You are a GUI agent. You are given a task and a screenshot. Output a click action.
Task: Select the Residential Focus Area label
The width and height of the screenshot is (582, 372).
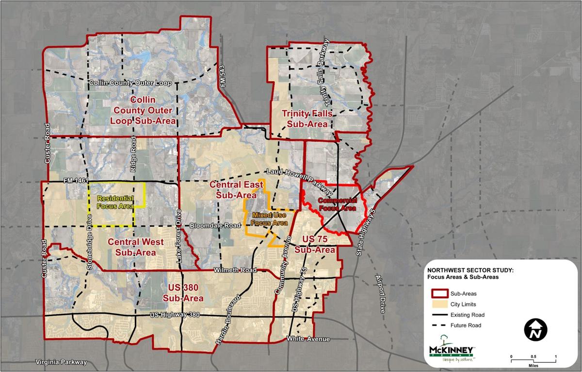115,203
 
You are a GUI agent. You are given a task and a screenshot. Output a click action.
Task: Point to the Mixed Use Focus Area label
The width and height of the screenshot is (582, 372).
266,219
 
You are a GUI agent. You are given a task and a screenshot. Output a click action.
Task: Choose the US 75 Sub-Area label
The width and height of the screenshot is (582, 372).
318,245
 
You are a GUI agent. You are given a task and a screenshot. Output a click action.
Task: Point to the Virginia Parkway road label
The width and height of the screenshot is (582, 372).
61,362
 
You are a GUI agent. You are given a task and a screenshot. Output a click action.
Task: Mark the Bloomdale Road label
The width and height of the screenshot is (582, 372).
215,226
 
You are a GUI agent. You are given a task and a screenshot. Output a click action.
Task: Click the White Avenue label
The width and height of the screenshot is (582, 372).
308,338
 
